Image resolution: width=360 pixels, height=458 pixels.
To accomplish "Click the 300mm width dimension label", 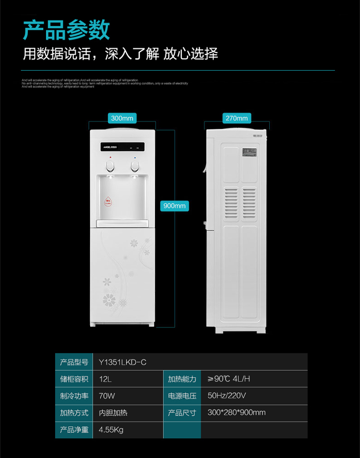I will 123,118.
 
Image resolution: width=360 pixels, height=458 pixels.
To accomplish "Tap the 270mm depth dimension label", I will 237,118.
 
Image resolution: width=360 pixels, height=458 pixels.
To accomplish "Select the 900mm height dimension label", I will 174,206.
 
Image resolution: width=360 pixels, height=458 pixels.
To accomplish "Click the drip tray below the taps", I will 123,222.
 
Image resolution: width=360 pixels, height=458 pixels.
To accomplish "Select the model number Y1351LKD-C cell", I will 122,362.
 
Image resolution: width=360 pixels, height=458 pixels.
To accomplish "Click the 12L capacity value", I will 105,379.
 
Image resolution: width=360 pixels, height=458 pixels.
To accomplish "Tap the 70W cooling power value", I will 107,396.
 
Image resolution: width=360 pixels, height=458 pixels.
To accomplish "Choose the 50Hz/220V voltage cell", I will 227,396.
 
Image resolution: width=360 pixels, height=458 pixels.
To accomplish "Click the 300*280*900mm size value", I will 236,412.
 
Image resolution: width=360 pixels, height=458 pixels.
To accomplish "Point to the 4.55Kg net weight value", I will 111,430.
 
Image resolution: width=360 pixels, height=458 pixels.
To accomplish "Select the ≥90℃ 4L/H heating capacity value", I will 228,379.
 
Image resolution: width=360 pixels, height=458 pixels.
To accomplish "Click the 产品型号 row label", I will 74,362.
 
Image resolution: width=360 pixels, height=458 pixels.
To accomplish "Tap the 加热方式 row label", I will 74,413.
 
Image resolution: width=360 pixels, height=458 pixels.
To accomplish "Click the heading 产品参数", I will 67,30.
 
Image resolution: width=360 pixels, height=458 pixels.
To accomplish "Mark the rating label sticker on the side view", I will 249,153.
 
